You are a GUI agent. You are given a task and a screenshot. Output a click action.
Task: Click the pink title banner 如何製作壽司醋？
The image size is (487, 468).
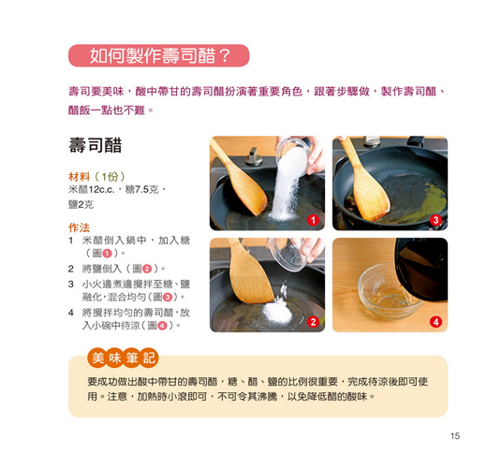[x=158, y=55]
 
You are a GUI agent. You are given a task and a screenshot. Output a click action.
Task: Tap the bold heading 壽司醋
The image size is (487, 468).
[x=96, y=145]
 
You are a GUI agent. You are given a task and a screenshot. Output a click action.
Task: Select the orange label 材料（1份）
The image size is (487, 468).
[x=96, y=177]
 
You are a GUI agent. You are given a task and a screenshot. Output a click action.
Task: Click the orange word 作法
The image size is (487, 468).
[x=79, y=227]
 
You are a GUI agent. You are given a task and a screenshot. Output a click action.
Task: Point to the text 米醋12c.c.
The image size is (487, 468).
[x=92, y=189]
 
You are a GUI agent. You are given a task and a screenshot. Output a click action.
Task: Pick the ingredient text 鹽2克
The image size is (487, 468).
[x=81, y=205]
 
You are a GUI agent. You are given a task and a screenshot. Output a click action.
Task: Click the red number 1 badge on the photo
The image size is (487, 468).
[x=313, y=220]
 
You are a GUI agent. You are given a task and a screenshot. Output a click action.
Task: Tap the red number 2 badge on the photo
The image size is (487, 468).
[x=313, y=322]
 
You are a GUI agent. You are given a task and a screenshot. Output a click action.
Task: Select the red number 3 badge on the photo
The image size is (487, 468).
[x=435, y=220]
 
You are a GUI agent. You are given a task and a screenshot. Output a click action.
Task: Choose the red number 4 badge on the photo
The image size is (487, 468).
[x=435, y=322]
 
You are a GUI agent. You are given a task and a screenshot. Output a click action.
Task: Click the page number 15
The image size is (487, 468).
[x=455, y=435]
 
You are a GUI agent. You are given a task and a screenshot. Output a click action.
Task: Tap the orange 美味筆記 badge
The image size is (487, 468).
[x=123, y=358]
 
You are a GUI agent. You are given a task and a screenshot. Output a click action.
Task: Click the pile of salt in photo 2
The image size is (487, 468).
[x=276, y=312]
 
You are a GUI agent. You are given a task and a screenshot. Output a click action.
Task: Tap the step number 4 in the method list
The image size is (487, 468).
[x=71, y=313]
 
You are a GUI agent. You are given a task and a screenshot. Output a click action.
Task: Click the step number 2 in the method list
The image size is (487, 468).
[x=71, y=269]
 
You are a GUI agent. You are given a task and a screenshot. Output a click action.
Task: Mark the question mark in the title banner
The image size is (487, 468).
[x=224, y=55]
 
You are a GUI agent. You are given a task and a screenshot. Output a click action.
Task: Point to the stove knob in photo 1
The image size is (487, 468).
[x=254, y=156]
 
